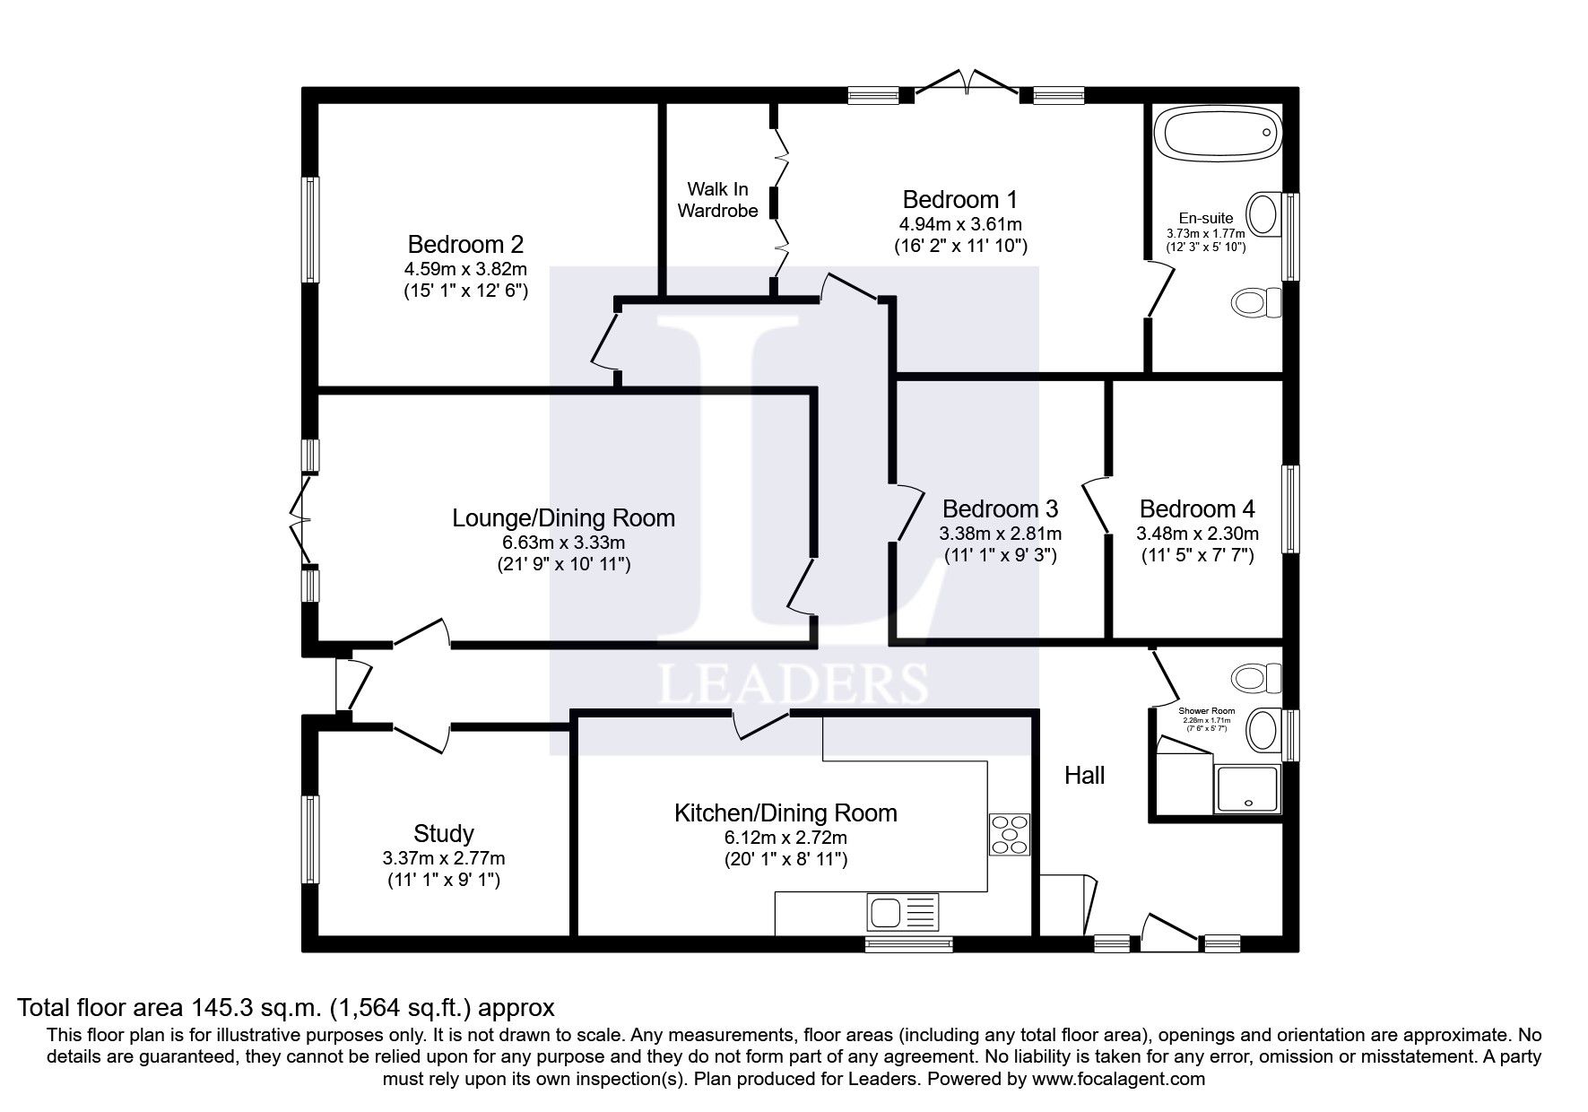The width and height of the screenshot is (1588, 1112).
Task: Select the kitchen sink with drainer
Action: [x=902, y=914]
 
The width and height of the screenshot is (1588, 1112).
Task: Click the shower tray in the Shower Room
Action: [x=1246, y=789]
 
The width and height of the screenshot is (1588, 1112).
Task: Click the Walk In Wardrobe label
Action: [x=717, y=200]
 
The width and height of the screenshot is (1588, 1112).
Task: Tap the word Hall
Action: [x=1084, y=776]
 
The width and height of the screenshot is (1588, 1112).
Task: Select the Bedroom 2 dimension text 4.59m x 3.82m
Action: [x=465, y=268]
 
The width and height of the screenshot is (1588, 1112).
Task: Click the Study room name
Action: [x=443, y=833]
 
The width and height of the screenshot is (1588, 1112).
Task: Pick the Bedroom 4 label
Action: [x=1196, y=509]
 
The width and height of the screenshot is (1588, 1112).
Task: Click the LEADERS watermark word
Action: [x=793, y=684]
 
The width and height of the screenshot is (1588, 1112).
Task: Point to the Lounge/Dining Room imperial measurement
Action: [x=563, y=565]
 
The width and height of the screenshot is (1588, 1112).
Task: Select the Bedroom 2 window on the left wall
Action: [x=310, y=230]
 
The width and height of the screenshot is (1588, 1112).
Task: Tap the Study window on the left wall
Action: [x=310, y=840]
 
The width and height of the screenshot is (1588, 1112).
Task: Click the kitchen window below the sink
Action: [x=908, y=943]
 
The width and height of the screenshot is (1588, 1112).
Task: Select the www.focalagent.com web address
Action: [x=1119, y=1079]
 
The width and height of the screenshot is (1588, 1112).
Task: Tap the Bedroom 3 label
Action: [x=1000, y=509]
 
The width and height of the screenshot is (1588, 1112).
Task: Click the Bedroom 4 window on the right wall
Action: [x=1290, y=508]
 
